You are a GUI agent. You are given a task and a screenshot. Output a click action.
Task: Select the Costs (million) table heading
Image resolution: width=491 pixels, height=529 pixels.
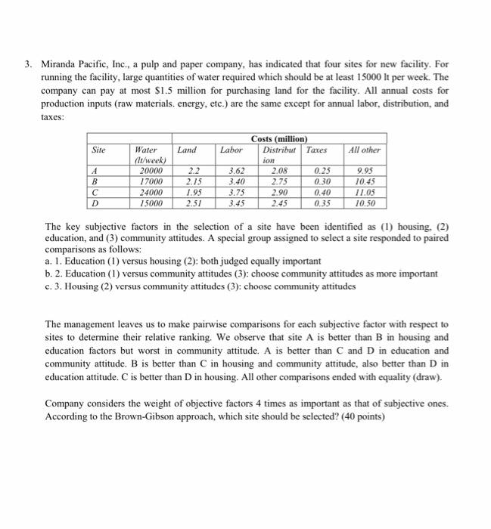pyautogui.click(x=280, y=138)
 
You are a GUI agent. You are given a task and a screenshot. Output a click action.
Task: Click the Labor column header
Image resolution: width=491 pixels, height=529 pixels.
pyautogui.click(x=231, y=150)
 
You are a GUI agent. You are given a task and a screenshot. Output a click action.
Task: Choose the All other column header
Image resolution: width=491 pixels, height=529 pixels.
pyautogui.click(x=364, y=150)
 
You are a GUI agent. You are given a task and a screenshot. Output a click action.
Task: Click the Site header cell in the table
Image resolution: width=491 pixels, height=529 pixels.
pyautogui.click(x=98, y=150)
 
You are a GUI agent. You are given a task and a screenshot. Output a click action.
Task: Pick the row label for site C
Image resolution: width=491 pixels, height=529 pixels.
pyautogui.click(x=95, y=192)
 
